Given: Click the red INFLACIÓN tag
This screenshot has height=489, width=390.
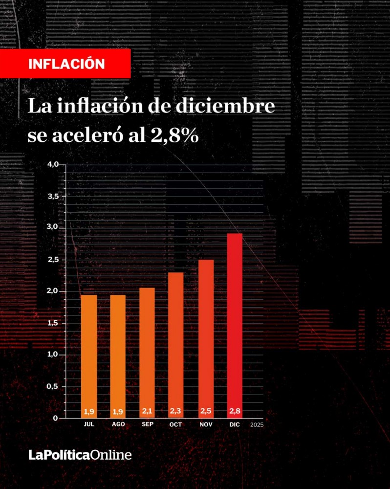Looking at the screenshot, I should pos(66,64).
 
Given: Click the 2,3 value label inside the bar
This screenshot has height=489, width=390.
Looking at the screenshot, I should pos(176,411).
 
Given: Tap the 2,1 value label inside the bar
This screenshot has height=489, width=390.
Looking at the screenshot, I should pos(147,411).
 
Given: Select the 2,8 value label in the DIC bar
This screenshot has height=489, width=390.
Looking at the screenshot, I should pos(235,411).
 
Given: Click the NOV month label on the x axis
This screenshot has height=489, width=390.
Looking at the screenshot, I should pos(206,424).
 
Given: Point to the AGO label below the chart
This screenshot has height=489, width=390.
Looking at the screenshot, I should pos(118,424).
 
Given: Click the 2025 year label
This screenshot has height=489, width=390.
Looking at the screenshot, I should pos(256,425).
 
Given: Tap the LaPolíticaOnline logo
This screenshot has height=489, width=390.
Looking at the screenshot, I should pos(80,455).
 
